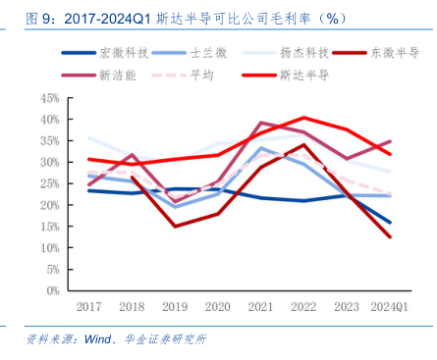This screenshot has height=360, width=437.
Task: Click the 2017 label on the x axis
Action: pyautogui.click(x=88, y=306)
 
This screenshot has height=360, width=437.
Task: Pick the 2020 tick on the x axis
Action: pyautogui.click(x=218, y=306)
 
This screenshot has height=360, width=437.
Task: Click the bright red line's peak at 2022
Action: pyautogui.click(x=304, y=118)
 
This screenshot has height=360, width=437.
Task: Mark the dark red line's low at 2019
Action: pyautogui.click(x=175, y=227)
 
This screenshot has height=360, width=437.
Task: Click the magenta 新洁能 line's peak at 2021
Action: pyautogui.click(x=261, y=124)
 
